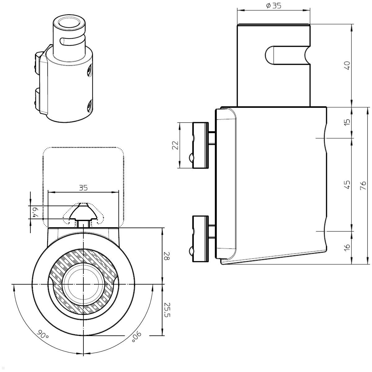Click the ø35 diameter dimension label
tap(273, 6)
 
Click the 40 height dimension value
tap(348, 65)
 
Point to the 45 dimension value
tap(348, 185)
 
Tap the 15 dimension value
tap(348, 122)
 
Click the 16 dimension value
tap(348, 247)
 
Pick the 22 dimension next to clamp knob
tap(175, 145)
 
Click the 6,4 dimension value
tap(35, 212)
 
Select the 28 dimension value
tap(167, 256)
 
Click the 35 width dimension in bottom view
tap(83, 188)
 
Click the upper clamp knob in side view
tap(200, 145)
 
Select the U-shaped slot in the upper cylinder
tap(279, 55)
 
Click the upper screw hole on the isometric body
tap(89, 70)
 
